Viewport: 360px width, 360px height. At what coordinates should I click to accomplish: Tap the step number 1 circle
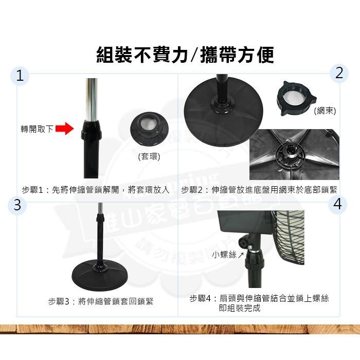click(x=20, y=76)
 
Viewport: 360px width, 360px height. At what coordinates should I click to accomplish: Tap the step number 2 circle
click(x=338, y=73)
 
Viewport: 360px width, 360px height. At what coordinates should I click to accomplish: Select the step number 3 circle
click(x=18, y=205)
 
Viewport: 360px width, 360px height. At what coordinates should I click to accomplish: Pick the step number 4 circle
click(x=337, y=204)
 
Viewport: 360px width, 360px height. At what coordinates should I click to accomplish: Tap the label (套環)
click(x=149, y=156)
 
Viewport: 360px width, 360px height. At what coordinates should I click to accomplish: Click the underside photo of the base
click(x=294, y=154)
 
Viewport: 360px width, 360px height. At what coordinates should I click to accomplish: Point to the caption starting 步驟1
click(x=96, y=190)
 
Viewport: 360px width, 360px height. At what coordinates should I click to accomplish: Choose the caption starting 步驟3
click(x=101, y=301)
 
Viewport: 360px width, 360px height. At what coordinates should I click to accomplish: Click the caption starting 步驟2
click(x=259, y=190)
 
